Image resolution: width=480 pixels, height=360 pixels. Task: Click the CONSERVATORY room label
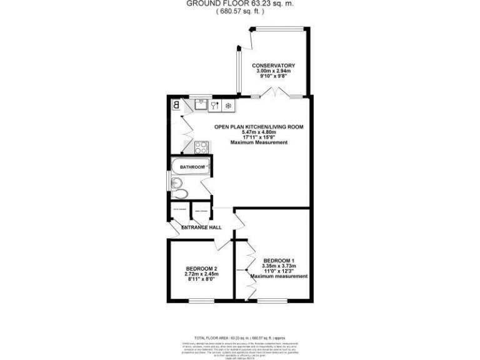273,66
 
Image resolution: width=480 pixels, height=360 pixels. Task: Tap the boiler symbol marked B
176,105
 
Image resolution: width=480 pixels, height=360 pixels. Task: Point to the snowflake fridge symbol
228,105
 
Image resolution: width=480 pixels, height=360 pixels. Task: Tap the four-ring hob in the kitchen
201,147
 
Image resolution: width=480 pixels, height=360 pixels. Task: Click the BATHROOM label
192,167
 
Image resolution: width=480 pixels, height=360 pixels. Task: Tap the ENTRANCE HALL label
201,227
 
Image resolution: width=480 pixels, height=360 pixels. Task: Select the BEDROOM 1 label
279,260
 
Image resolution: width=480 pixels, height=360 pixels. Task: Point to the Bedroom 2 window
201,302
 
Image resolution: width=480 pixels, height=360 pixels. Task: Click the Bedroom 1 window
269,302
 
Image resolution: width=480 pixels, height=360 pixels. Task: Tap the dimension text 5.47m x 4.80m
258,132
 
